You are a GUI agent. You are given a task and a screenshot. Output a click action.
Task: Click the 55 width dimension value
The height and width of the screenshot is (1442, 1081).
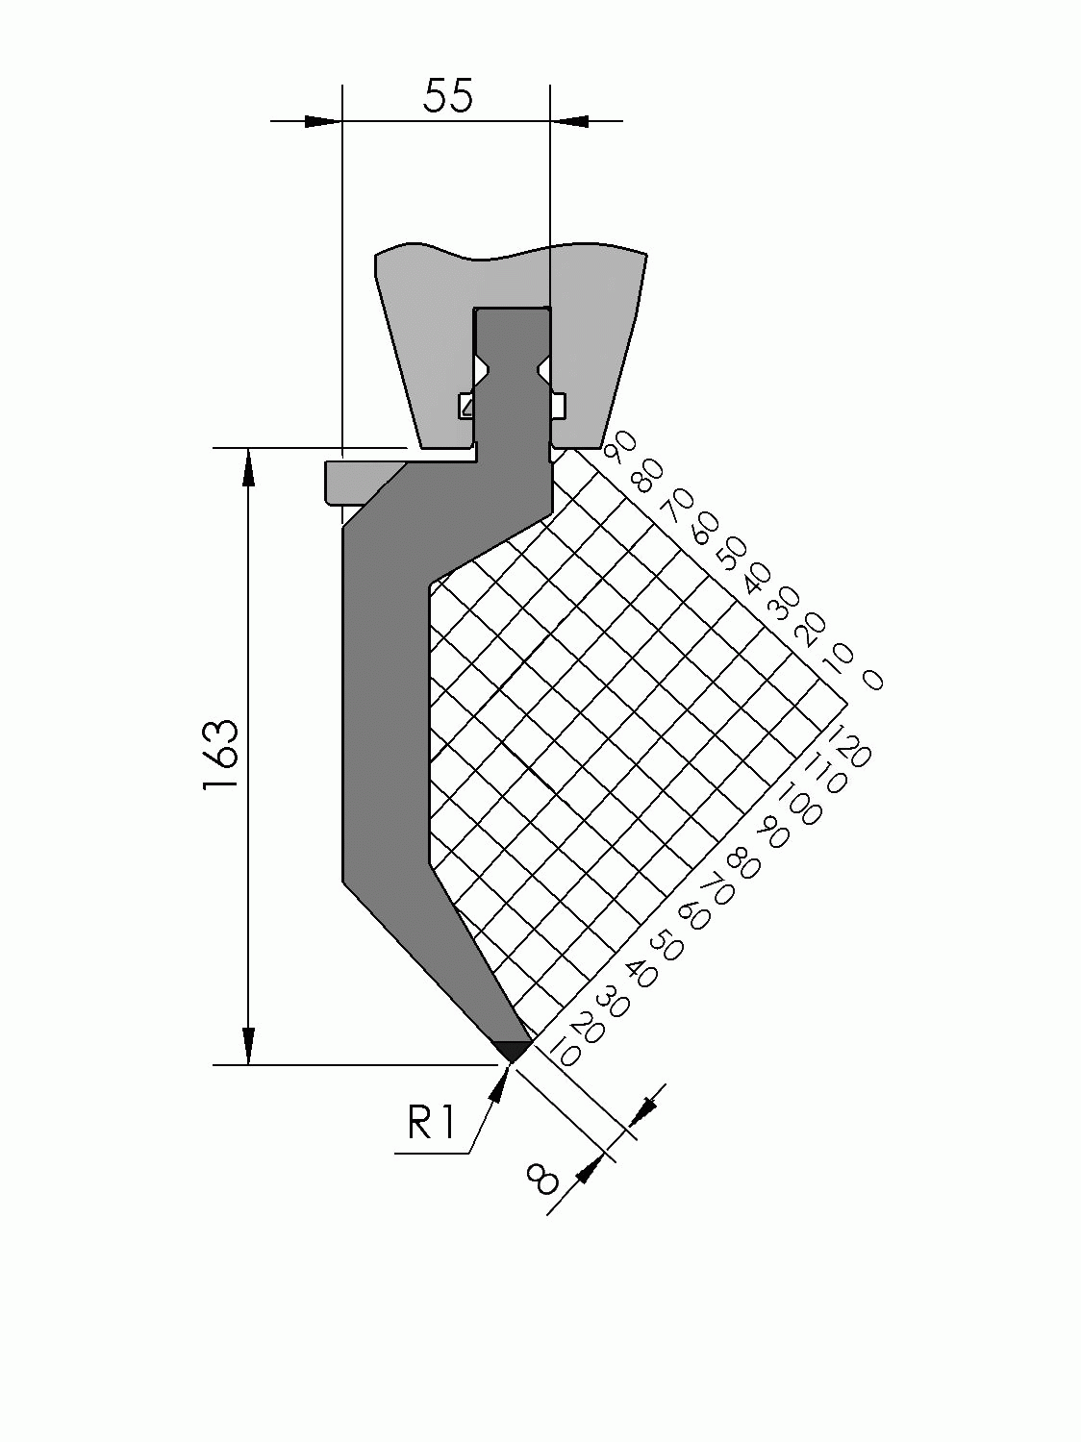click(x=447, y=96)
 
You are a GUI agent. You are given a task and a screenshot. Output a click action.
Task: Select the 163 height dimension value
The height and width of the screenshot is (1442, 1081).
click(x=220, y=756)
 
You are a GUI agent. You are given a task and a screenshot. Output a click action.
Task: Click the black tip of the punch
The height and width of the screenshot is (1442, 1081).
click(x=513, y=1050)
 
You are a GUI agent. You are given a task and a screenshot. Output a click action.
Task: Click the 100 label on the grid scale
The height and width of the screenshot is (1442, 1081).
click(x=798, y=801)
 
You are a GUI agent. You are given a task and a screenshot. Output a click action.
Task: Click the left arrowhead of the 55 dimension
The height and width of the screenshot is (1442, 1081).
click(x=323, y=121)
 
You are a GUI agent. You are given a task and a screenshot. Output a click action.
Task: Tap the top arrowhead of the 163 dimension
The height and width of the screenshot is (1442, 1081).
click(x=249, y=467)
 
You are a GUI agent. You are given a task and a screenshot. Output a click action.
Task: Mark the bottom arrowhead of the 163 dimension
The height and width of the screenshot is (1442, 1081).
click(x=249, y=1046)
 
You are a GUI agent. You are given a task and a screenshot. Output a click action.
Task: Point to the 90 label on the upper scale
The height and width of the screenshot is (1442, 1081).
click(x=623, y=445)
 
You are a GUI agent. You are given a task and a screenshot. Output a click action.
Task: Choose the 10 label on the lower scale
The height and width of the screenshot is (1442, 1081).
click(x=566, y=1056)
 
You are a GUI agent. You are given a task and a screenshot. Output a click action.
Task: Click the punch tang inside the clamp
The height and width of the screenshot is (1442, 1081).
click(x=512, y=385)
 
